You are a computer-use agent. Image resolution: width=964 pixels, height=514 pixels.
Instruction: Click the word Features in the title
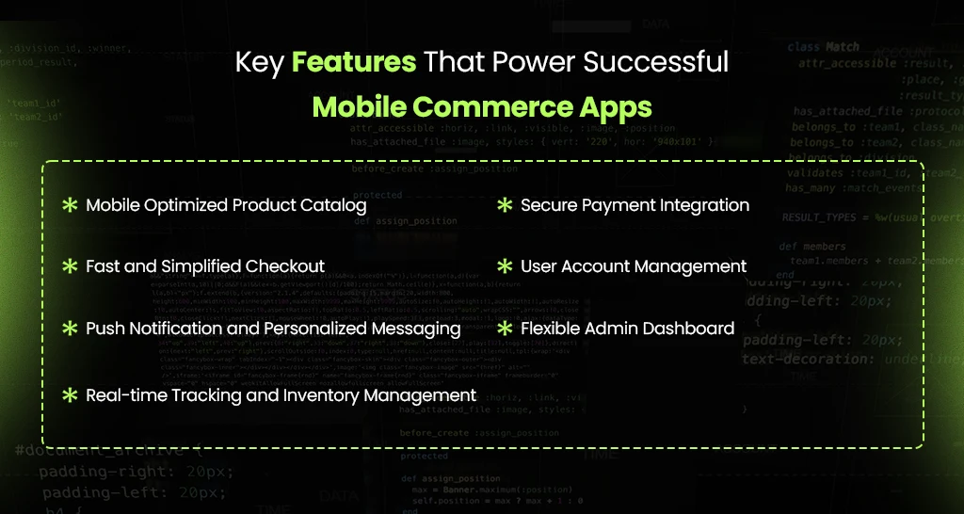point(353,63)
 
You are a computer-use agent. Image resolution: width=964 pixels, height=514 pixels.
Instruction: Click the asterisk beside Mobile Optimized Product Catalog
point(70,205)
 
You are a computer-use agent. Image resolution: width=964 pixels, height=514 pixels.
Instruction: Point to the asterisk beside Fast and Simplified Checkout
point(70,266)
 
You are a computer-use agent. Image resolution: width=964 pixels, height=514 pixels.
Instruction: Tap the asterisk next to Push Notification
point(70,329)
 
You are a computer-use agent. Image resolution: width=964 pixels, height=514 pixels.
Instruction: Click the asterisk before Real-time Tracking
point(70,395)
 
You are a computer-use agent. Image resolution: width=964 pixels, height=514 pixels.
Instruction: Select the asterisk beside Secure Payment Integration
point(505,205)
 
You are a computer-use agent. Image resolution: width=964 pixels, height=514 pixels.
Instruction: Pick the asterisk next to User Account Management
point(505,266)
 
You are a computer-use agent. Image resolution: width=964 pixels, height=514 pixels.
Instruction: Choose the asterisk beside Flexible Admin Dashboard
point(505,329)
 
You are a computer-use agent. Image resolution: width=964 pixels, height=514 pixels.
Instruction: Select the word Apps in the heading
point(620,105)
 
